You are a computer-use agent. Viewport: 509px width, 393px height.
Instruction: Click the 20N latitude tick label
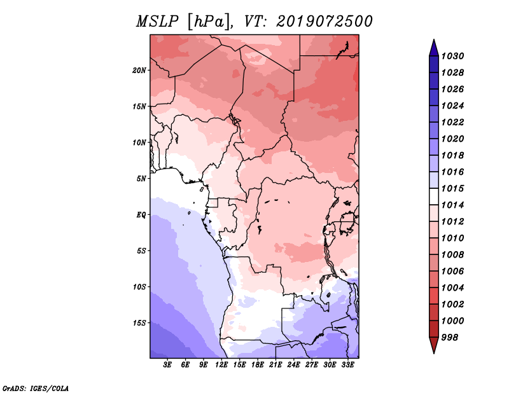pyautogui.click(x=139, y=71)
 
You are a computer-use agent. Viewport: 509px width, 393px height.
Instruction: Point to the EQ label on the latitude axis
pyautogui.click(x=141, y=215)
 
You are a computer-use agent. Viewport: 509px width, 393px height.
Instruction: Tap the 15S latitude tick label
pyautogui.click(x=139, y=323)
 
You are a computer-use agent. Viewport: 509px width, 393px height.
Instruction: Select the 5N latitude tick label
pyautogui.click(x=141, y=179)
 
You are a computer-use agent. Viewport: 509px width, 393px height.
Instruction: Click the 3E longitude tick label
pyautogui.click(x=167, y=365)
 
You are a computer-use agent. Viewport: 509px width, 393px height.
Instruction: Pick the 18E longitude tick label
pyautogui.click(x=258, y=365)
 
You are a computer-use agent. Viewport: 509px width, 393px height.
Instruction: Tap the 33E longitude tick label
pyautogui.click(x=347, y=365)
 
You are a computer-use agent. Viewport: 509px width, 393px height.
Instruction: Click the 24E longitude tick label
pyautogui.click(x=293, y=365)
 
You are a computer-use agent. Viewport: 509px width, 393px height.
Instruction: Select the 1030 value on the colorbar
pyautogui.click(x=453, y=56)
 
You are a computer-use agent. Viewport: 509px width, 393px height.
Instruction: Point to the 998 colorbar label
pyautogui.click(x=450, y=338)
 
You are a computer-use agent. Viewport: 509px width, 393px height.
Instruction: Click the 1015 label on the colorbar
pyautogui.click(x=453, y=188)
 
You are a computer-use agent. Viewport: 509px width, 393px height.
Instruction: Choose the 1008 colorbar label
pyautogui.click(x=453, y=255)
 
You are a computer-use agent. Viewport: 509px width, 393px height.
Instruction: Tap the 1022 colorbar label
pyautogui.click(x=453, y=122)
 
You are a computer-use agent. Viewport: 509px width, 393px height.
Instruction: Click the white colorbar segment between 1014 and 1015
pyautogui.click(x=434, y=197)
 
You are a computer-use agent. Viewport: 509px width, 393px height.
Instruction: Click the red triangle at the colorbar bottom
pyautogui.click(x=434, y=345)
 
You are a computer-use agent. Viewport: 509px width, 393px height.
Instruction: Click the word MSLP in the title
pyautogui.click(x=157, y=22)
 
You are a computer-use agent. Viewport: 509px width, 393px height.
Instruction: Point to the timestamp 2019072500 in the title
pyautogui.click(x=324, y=22)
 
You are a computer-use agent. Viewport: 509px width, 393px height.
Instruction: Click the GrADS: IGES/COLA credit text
pyautogui.click(x=36, y=388)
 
